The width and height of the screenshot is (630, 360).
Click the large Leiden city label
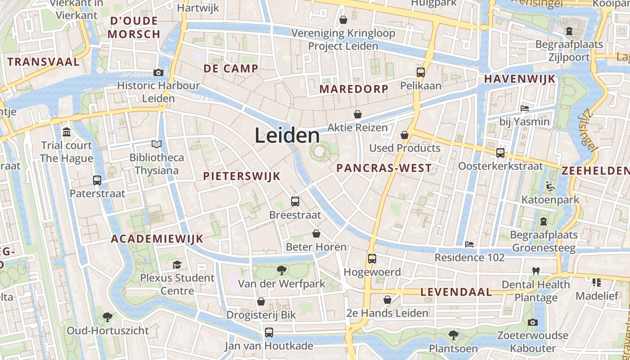coord(287,135)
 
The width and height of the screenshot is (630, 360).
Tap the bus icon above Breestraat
coord(295,202)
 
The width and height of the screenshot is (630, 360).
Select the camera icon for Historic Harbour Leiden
coord(158,72)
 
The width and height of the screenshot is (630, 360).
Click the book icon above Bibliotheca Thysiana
coord(156,144)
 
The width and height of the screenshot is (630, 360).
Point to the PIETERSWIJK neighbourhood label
coord(242,176)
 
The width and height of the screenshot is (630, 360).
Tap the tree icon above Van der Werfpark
coord(282,270)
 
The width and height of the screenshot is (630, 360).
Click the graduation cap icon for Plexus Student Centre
coord(177,265)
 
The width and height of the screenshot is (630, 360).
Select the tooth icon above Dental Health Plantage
coord(535,271)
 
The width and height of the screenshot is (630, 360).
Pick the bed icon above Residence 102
coord(469,244)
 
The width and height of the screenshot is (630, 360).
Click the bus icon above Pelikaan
coord(421,72)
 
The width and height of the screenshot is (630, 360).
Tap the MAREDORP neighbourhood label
coord(354,89)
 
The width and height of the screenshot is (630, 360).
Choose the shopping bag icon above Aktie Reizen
coord(357,114)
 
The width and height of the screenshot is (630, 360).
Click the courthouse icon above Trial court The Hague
coord(67,132)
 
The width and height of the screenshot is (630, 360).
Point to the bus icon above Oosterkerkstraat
coord(500,153)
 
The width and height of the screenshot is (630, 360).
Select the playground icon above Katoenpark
coord(550,186)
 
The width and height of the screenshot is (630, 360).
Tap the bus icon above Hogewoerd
coord(372,259)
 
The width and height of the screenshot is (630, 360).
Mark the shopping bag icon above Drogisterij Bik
coord(261,301)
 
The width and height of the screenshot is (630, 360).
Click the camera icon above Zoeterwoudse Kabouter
coord(532,322)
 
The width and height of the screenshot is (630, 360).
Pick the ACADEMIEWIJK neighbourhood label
coord(157,238)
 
